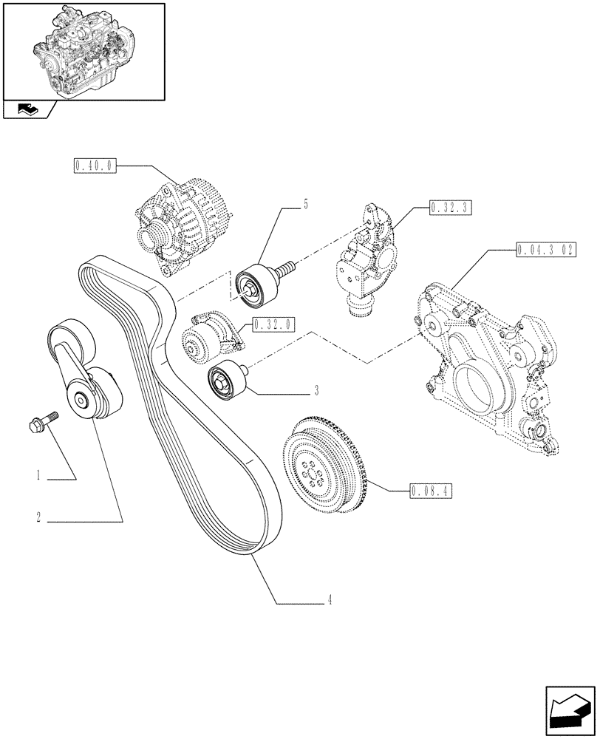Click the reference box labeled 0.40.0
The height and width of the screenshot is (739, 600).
point(95,166)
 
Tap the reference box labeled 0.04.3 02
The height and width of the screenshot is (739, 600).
point(542,250)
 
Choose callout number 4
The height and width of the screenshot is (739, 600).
point(330,602)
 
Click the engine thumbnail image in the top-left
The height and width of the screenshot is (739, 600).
point(83,51)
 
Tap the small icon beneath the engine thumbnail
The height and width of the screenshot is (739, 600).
point(27,111)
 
